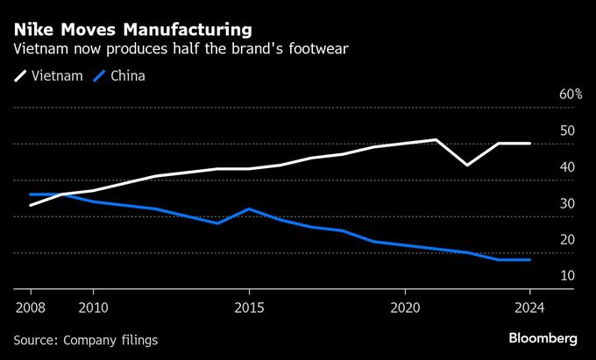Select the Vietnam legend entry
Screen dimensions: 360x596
point(49,75)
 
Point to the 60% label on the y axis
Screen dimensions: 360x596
point(571,95)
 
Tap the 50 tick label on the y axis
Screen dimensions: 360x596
point(567,131)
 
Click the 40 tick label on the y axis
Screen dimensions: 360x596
point(567,167)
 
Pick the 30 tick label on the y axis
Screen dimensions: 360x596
point(567,204)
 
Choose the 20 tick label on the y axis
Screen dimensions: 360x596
point(567,240)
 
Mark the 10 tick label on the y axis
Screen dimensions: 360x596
point(567,276)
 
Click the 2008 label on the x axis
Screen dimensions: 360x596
point(31,307)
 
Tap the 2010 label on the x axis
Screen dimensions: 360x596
point(93,307)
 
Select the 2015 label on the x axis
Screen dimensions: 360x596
point(249,307)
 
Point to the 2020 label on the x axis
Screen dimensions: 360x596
point(405,307)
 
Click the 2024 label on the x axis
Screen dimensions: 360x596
point(530,307)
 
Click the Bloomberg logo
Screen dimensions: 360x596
point(543,338)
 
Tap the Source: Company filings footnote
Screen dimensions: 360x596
point(86,339)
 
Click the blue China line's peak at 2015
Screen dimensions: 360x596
point(249,209)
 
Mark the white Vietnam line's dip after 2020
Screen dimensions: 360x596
point(468,165)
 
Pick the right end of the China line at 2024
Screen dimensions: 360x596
point(530,260)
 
